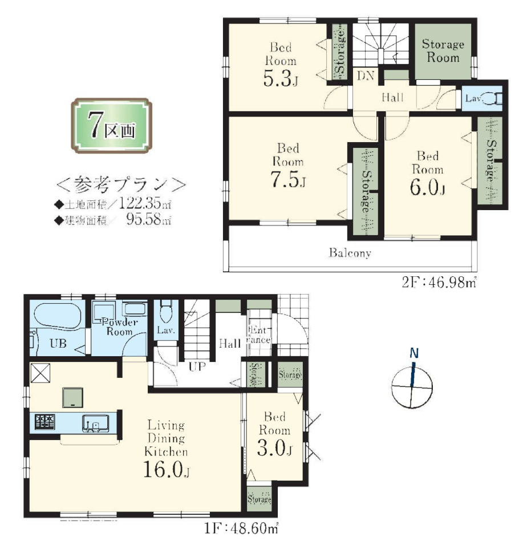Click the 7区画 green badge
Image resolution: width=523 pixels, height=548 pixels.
point(111,126)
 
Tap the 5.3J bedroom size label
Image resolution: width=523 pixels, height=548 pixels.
point(281,78)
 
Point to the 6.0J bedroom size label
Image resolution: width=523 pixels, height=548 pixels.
point(427,187)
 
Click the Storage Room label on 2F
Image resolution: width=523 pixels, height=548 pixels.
point(443,51)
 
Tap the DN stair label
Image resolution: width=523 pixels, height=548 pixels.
point(366,75)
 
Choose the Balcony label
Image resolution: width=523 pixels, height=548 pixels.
point(350,253)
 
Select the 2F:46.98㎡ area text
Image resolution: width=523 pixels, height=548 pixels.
point(439,282)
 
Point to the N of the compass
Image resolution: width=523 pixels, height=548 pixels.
point(414,353)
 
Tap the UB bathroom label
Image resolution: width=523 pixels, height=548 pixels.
point(58,343)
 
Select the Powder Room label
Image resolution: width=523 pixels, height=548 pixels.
point(119,327)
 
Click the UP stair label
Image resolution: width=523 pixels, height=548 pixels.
point(197,366)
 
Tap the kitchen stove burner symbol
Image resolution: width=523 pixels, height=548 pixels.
point(44,422)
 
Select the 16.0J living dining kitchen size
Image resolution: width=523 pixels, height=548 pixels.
point(166,469)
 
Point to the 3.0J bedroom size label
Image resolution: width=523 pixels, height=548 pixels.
point(275,448)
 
